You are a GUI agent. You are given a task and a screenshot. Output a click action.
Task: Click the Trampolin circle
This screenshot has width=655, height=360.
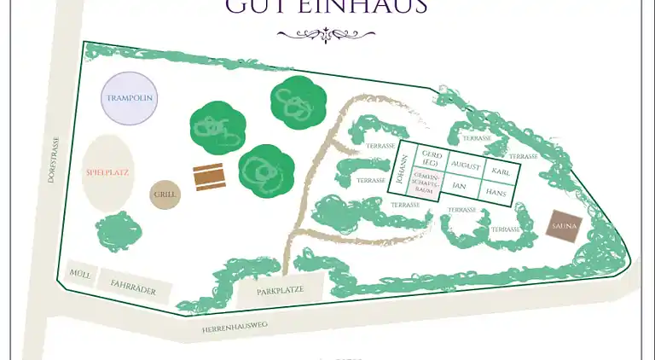pyautogui.click(x=130, y=98)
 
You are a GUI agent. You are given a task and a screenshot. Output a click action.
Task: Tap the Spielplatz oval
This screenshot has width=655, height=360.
pyautogui.click(x=107, y=173)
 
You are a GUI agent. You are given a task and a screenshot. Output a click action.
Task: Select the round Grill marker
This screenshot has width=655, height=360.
pyautogui.click(x=165, y=195)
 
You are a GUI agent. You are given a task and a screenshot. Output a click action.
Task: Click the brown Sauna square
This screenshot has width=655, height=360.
pyautogui.click(x=564, y=226)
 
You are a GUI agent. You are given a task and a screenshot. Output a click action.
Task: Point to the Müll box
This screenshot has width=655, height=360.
pyautogui.click(x=79, y=273)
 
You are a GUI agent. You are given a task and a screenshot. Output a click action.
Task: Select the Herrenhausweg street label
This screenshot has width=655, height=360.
pyautogui.click(x=235, y=327)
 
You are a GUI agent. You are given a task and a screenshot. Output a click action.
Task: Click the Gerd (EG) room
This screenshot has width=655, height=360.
pyautogui.click(x=431, y=157)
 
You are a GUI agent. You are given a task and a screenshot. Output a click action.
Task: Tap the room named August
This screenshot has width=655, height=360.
pyautogui.click(x=465, y=163)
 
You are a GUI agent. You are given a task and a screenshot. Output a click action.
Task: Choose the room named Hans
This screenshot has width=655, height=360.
pyautogui.click(x=496, y=193)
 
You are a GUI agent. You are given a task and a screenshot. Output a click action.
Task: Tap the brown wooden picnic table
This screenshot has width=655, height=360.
pyautogui.click(x=210, y=177)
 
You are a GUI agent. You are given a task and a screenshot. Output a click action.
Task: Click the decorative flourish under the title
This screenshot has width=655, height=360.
pyautogui.click(x=327, y=34)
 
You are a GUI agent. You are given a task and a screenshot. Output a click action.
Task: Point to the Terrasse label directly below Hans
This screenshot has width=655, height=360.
pyautogui.click(x=506, y=230)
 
